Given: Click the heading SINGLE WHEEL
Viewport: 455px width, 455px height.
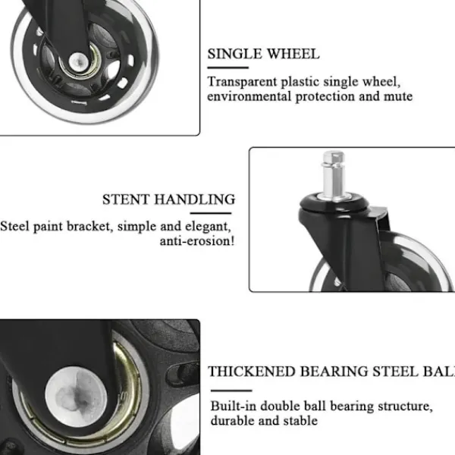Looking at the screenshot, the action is pyautogui.click(x=263, y=54).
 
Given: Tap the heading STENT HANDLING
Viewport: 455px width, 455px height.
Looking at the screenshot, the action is pyautogui.click(x=168, y=199).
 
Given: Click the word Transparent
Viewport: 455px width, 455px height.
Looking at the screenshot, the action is pyautogui.click(x=243, y=82).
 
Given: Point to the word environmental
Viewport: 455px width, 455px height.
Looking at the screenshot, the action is pyautogui.click(x=249, y=96).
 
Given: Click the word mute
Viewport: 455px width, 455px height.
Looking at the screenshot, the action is pyautogui.click(x=398, y=96).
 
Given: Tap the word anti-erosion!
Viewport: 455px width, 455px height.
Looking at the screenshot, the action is pyautogui.click(x=197, y=241).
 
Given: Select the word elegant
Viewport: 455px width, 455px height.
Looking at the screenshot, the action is pyautogui.click(x=208, y=227).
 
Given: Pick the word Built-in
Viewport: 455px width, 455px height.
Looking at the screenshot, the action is pyautogui.click(x=234, y=406).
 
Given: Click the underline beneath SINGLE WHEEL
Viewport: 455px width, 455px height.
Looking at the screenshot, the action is pyautogui.click(x=228, y=67).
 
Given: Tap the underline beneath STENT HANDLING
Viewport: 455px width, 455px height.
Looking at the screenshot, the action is pyautogui.click(x=211, y=213).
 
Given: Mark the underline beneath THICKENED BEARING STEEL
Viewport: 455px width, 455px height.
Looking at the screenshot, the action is pyautogui.click(x=231, y=391).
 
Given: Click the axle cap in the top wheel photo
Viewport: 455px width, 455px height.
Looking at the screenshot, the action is pyautogui.click(x=79, y=61).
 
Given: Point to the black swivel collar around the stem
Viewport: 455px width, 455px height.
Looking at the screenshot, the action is pyautogui.click(x=334, y=202).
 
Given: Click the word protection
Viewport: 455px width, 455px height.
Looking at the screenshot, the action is pyautogui.click(x=325, y=96).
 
